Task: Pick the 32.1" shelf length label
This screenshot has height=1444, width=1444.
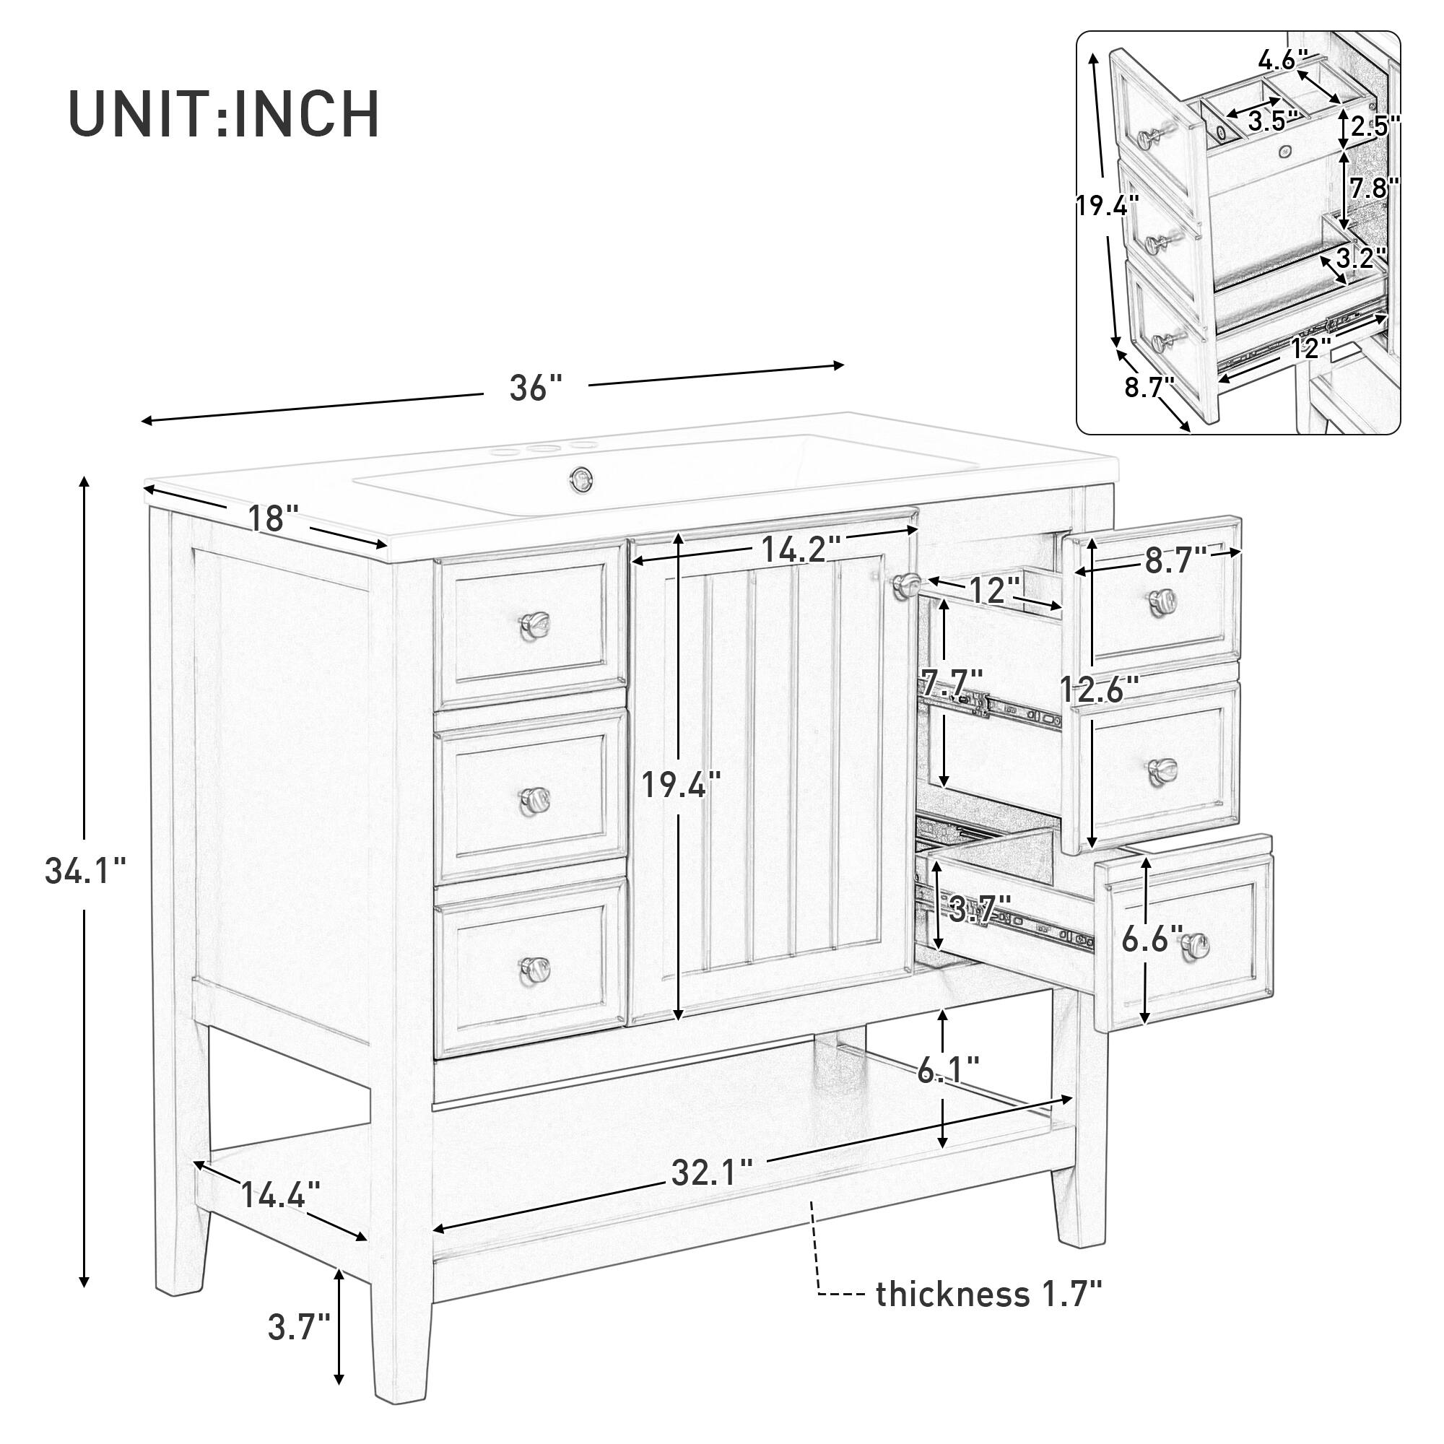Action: point(712,1173)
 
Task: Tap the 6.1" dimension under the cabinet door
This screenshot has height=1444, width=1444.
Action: point(948,1074)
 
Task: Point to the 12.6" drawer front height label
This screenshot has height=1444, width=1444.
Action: point(1100,688)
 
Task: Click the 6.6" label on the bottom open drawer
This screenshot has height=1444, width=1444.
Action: point(1152,939)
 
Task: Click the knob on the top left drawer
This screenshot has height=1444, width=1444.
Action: point(535,621)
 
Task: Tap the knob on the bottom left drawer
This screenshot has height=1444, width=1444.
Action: point(535,968)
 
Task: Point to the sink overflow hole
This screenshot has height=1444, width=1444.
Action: point(580,475)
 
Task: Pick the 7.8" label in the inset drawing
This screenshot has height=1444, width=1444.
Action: point(1375,188)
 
